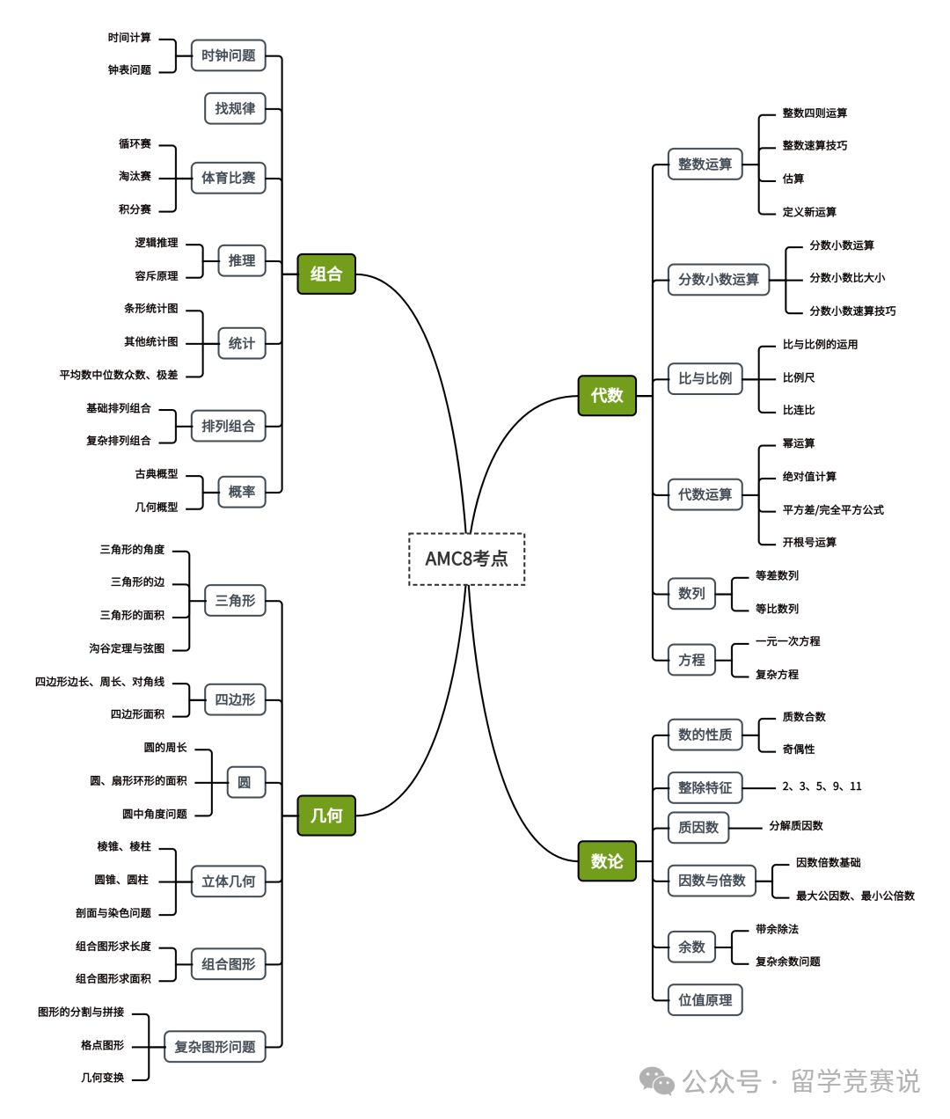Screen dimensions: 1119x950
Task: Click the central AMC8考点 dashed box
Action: [466, 559]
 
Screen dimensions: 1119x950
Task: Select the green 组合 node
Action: [326, 274]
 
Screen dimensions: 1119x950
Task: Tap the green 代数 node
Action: [607, 395]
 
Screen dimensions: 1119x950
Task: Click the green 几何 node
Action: [326, 815]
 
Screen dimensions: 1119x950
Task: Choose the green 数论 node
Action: [607, 860]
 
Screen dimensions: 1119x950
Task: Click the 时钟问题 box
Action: [228, 55]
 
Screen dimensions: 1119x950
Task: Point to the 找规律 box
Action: [235, 108]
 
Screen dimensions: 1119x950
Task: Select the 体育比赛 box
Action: [228, 178]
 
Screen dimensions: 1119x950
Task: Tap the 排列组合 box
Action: [228, 426]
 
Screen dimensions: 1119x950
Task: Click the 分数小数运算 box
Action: [718, 280]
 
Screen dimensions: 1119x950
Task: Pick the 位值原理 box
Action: [705, 999]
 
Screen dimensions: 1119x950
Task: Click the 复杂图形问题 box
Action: [215, 1047]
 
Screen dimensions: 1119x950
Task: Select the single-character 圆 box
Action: [245, 782]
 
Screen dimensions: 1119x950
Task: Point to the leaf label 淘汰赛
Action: [135, 176]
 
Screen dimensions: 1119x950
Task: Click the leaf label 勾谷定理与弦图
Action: [127, 648]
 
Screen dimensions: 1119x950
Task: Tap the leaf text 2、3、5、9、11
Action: [822, 786]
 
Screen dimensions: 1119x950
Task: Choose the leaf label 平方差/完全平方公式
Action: [833, 509]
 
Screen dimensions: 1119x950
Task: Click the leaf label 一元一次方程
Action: [787, 641]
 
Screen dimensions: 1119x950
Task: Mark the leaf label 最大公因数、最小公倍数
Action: [855, 896]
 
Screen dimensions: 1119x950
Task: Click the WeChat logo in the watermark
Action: [656, 1080]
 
